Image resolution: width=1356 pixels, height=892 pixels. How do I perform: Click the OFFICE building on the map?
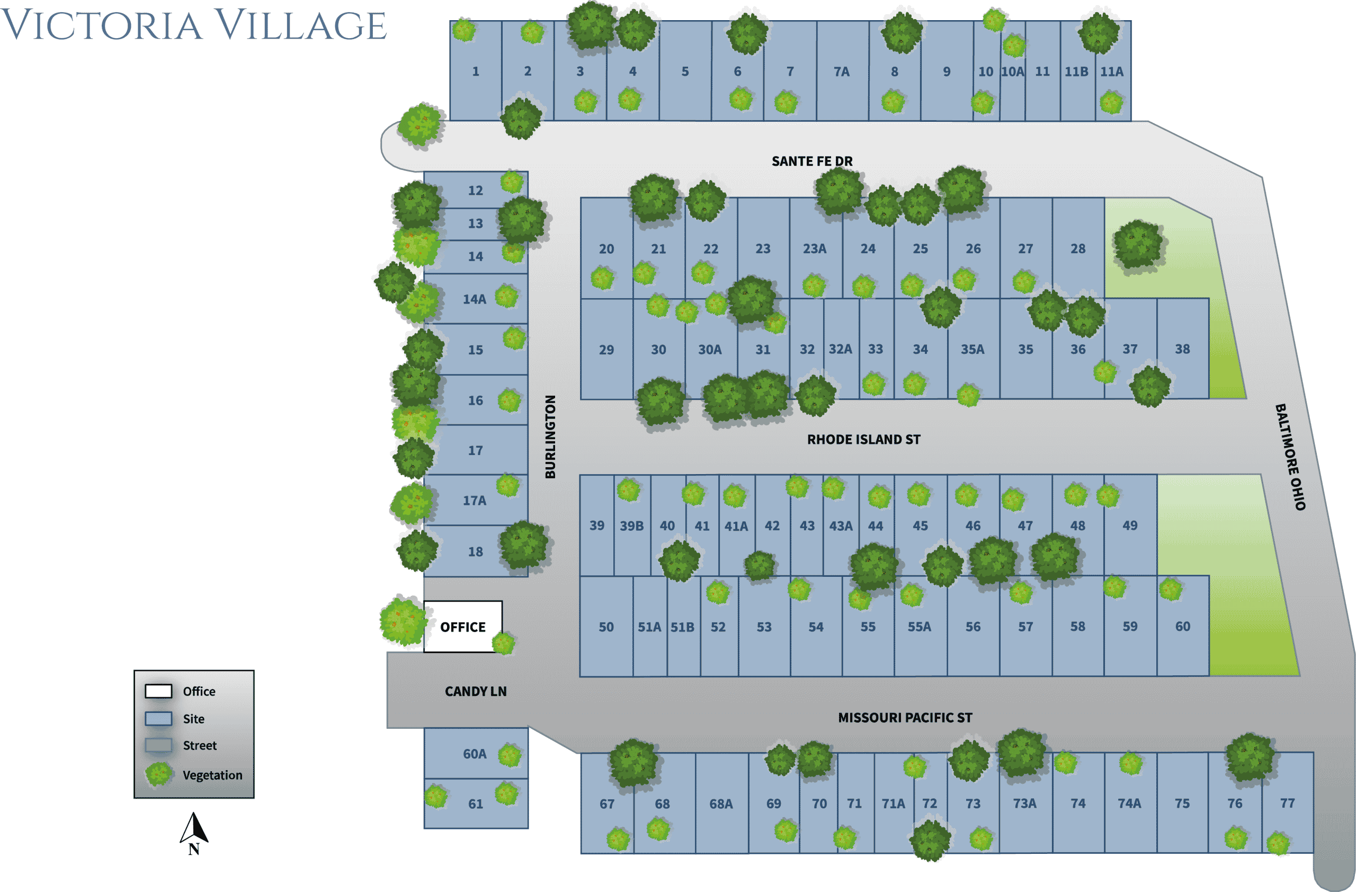pyautogui.click(x=462, y=627)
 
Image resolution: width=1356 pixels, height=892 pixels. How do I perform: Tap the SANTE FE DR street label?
pyautogui.click(x=812, y=161)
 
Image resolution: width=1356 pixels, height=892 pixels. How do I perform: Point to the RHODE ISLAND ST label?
pyautogui.click(x=863, y=439)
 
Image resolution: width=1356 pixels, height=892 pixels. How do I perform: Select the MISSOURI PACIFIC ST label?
pyautogui.click(x=905, y=717)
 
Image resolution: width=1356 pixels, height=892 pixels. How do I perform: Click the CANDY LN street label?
pyautogui.click(x=475, y=691)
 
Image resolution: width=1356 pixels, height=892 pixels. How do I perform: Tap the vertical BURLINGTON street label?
pyautogui.click(x=550, y=437)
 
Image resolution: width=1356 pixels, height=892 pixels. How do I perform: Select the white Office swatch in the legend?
pyautogui.click(x=158, y=691)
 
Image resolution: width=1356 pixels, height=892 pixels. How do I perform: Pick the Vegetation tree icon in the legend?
pyautogui.click(x=158, y=774)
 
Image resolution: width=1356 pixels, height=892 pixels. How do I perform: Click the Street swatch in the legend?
pyautogui.click(x=158, y=745)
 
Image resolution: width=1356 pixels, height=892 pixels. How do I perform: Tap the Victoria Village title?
pyautogui.click(x=194, y=25)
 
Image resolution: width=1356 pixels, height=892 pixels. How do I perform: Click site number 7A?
pyautogui.click(x=842, y=72)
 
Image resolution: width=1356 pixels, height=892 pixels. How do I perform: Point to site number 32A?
pyautogui.click(x=841, y=349)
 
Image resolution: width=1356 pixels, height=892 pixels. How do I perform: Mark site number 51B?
pyautogui.click(x=682, y=627)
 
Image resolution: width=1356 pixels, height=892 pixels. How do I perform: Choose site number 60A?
pyautogui.click(x=475, y=754)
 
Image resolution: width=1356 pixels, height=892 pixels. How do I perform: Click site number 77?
pyautogui.click(x=1287, y=803)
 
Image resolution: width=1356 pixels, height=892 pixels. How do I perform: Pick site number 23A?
pyautogui.click(x=815, y=248)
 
